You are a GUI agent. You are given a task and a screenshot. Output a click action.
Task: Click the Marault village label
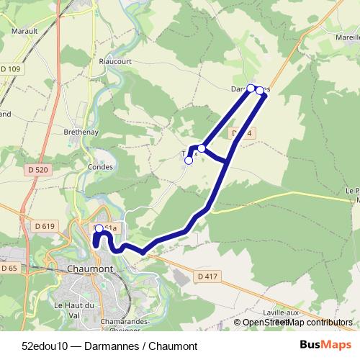pos(24,32)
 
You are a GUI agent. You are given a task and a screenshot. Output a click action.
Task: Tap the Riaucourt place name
pos(114,62)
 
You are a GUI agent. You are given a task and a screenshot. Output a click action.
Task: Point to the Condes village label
pos(100,167)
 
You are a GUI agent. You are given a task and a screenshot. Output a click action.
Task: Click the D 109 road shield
pos(11,69)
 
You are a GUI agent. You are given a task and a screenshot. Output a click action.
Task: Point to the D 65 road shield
pos(9,268)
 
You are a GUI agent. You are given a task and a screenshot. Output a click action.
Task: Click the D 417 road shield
pos(206,275)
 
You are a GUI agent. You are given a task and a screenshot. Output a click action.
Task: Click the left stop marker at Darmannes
pos(251,89)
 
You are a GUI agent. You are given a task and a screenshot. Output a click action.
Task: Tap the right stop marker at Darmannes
pos(260,91)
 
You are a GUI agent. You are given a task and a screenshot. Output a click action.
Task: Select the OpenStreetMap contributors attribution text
pos(297,323)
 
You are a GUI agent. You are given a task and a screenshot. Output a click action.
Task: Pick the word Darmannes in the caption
pos(109,346)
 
